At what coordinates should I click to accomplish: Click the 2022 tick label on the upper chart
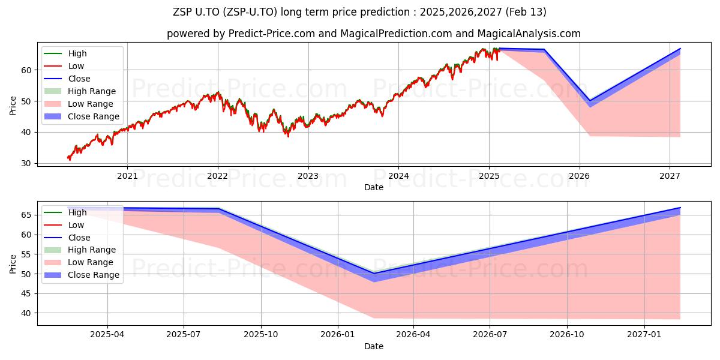point(218,176)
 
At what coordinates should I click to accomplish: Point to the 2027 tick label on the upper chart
point(670,176)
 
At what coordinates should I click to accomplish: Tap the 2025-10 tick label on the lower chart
point(261,335)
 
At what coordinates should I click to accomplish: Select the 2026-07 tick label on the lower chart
point(490,335)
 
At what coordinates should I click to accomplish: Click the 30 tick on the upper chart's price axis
point(26,164)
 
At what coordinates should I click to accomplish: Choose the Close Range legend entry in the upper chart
point(82,116)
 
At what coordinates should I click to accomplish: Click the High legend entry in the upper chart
point(65,53)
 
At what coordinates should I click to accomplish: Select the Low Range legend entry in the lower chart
point(79,262)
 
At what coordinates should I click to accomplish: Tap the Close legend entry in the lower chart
point(67,238)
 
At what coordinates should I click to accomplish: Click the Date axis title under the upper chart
point(373,187)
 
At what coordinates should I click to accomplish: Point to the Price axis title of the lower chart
point(13,264)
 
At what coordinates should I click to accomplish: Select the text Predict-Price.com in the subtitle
point(272,34)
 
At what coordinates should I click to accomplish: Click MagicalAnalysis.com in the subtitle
point(529,34)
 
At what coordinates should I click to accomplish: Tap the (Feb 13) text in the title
point(526,12)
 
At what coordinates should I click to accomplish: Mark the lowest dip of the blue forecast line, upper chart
point(590,101)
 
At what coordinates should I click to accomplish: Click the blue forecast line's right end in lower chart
point(680,208)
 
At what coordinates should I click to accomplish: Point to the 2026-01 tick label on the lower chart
point(338,335)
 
